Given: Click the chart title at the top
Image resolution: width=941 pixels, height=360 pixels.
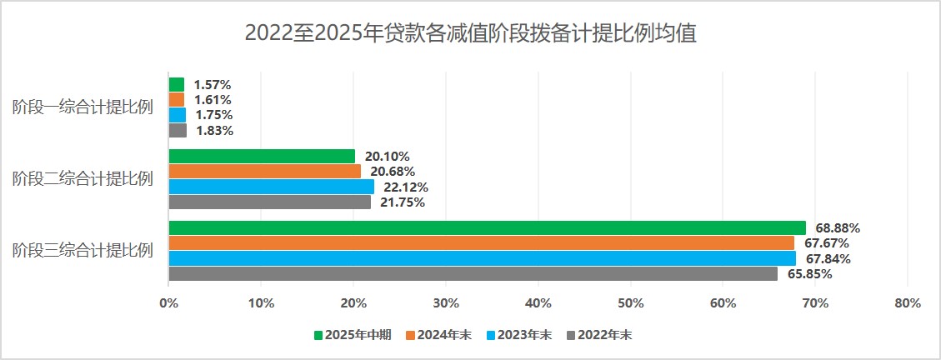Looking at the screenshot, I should [470, 34].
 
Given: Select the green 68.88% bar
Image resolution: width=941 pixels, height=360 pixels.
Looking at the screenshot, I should [487, 227].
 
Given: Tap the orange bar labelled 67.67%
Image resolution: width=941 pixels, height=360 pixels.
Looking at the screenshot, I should [481, 242].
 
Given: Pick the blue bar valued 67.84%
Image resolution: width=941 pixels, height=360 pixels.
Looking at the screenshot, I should [482, 258].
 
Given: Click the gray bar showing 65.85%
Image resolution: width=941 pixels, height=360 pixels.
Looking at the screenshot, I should [473, 273].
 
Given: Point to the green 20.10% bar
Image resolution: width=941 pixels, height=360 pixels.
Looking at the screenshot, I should [262, 156].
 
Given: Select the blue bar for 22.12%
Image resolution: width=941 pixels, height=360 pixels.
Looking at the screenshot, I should [271, 187].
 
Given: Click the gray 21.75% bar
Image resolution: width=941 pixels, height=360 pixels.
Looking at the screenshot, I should [269, 202].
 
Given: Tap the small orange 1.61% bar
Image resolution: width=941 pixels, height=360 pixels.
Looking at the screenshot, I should [176, 99].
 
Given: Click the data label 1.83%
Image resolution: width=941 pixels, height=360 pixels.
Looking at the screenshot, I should [214, 130].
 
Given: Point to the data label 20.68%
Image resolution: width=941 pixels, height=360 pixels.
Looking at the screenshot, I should [393, 172].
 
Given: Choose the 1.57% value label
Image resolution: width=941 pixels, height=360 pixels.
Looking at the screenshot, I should [212, 84].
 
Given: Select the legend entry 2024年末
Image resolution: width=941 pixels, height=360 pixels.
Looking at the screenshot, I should [438, 335].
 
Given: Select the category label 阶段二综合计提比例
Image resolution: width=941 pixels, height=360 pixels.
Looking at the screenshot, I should [83, 178].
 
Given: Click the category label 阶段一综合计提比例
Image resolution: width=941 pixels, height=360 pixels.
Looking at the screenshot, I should [83, 107].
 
